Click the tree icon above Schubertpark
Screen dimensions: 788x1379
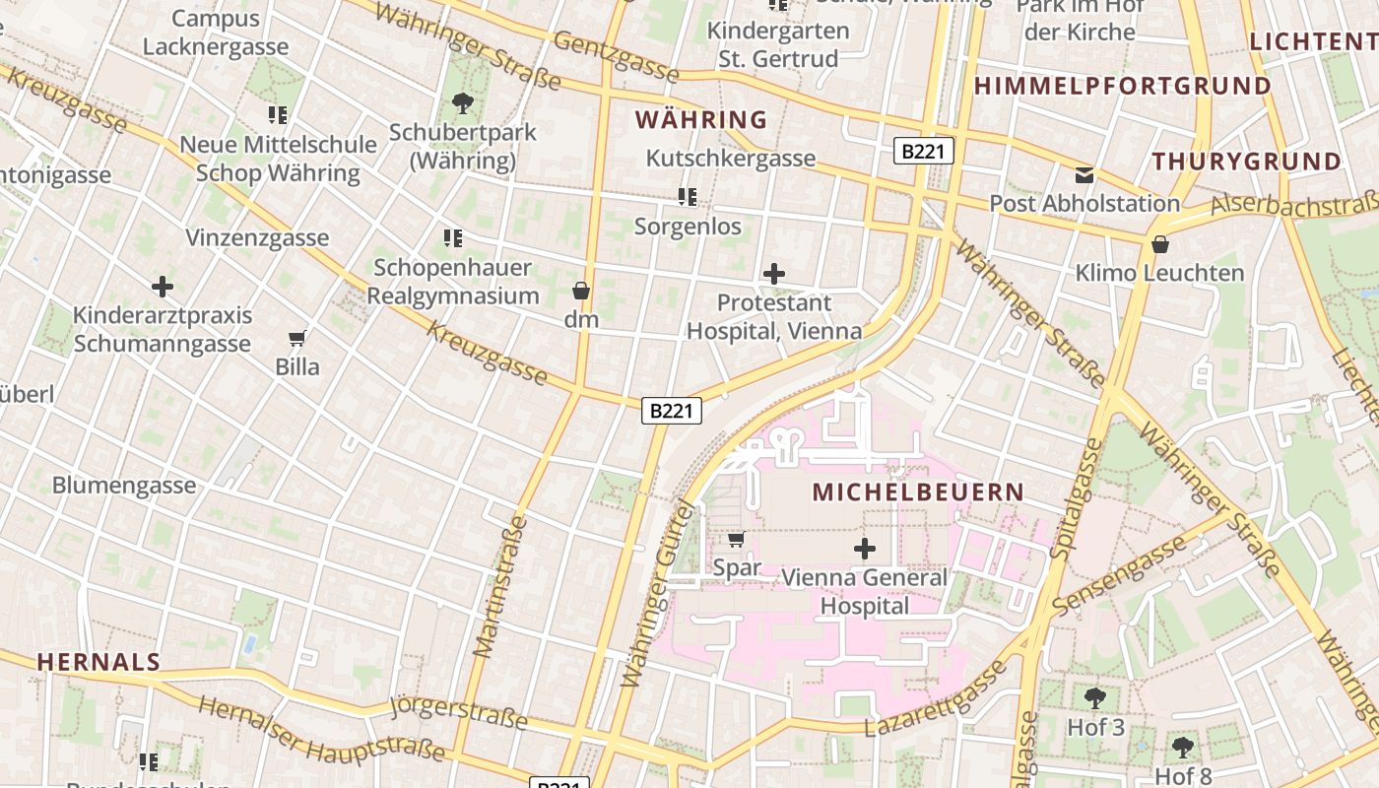click(x=462, y=102)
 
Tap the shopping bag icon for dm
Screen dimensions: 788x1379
click(x=581, y=291)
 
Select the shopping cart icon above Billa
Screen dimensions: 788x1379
click(x=296, y=338)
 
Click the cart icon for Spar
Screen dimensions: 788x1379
click(x=736, y=539)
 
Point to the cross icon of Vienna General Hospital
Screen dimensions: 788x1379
click(x=865, y=549)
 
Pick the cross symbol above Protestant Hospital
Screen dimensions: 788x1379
click(x=774, y=274)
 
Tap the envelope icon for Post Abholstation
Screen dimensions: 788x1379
click(x=1084, y=175)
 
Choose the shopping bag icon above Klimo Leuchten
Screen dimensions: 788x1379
click(x=1160, y=244)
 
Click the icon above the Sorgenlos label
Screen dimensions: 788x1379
click(x=688, y=197)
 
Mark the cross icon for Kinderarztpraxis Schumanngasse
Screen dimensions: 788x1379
click(x=163, y=287)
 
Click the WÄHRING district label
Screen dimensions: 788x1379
click(x=701, y=120)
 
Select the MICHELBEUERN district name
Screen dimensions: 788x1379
click(x=918, y=492)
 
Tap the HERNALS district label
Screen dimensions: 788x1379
click(x=98, y=662)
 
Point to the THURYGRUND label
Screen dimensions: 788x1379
click(x=1247, y=162)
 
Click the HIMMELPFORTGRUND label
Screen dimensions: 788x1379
click(x=1123, y=87)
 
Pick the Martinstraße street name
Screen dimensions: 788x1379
click(x=500, y=586)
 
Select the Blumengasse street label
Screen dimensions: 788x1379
click(x=124, y=485)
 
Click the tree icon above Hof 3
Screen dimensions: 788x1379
click(x=1094, y=698)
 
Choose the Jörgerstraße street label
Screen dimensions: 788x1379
click(x=459, y=712)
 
